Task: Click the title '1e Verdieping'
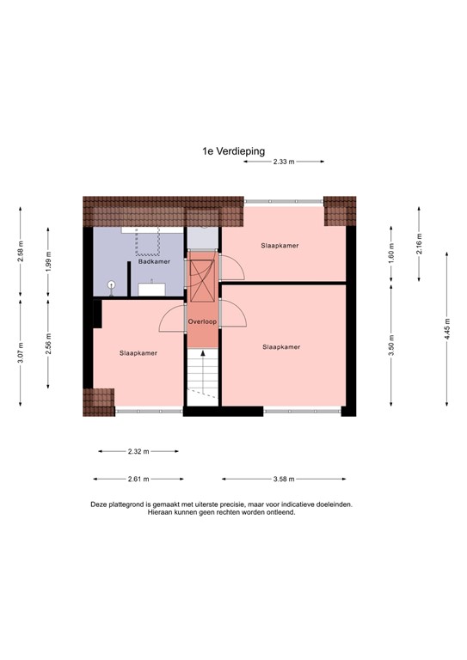point(234,150)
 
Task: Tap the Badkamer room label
point(154,261)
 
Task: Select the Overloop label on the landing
point(202,321)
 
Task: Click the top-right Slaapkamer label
point(280,246)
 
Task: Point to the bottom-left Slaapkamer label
point(138,353)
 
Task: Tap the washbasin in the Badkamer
point(152,287)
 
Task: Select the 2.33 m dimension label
point(284,162)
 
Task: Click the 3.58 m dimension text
point(284,480)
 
